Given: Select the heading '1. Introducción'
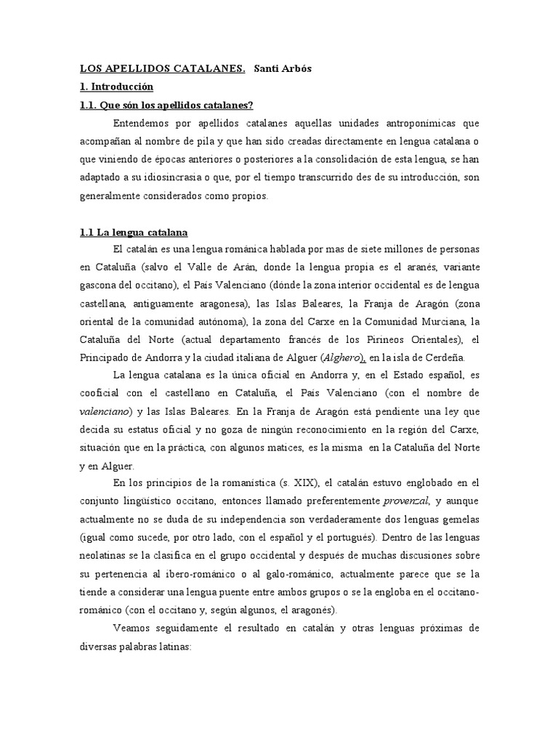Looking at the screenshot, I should click(116, 86).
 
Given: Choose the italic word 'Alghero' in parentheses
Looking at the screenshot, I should click(341, 357).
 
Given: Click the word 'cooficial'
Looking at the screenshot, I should click(102, 393).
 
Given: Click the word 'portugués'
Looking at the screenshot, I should click(346, 538).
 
